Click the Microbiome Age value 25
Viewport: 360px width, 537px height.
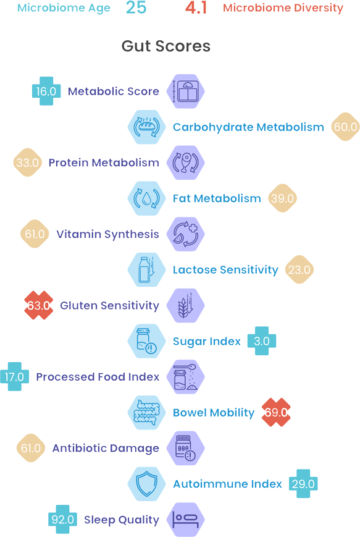click(136, 7)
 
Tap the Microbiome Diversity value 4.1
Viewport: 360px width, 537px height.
click(196, 8)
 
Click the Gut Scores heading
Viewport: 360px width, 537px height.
click(166, 46)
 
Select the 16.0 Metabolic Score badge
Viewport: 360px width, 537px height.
click(46, 91)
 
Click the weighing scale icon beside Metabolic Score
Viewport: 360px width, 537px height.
click(185, 91)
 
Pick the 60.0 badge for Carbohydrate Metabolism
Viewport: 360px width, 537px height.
click(345, 127)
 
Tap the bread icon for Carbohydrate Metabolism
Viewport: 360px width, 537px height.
click(147, 127)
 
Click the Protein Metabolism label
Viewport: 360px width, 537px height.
click(104, 163)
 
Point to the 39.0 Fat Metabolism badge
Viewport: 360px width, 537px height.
click(282, 198)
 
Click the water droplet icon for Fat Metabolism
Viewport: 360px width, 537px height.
click(147, 198)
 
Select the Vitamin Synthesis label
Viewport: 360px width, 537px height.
click(107, 234)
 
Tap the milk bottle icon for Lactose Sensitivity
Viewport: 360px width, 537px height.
click(147, 270)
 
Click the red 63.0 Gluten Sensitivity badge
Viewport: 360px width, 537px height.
click(39, 305)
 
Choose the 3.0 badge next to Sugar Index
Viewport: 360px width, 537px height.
click(262, 340)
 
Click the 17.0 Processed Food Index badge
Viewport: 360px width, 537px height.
click(14, 377)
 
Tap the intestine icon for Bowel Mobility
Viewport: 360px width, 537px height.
click(147, 412)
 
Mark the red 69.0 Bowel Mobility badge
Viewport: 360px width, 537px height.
click(276, 412)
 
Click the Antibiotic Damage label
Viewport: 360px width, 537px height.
click(106, 448)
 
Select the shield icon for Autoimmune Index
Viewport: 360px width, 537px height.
click(147, 484)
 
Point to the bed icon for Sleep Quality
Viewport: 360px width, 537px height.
click(185, 520)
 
